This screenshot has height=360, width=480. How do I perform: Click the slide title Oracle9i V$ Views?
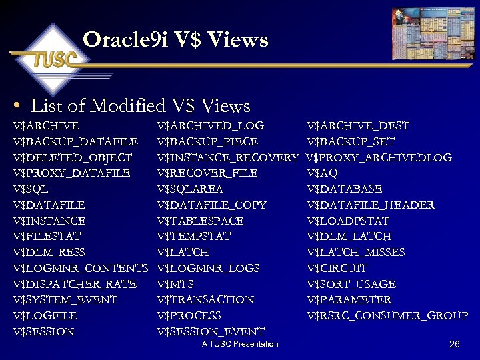point(176,40)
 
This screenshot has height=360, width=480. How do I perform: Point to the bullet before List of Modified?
point(17,106)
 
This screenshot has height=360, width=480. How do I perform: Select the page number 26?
point(455,344)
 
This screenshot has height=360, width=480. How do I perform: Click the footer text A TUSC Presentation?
point(240,344)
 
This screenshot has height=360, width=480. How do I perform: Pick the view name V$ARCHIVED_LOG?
point(210,125)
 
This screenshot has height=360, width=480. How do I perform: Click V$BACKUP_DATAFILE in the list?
point(75,141)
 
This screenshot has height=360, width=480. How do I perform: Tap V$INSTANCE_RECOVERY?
point(227,157)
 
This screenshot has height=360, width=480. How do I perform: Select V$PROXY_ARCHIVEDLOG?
point(379,157)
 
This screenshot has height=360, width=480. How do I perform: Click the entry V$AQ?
point(322,173)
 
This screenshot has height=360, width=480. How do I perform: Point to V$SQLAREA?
point(189,189)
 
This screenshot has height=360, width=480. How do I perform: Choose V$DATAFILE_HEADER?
point(370,205)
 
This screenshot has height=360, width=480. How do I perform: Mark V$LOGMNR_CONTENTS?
point(80,268)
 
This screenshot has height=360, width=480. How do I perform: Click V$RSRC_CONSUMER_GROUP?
point(387,315)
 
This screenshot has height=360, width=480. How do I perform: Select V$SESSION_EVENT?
point(210,331)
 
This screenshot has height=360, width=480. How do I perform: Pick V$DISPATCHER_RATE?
point(74,284)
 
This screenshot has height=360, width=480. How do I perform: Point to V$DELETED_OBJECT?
point(72,157)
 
